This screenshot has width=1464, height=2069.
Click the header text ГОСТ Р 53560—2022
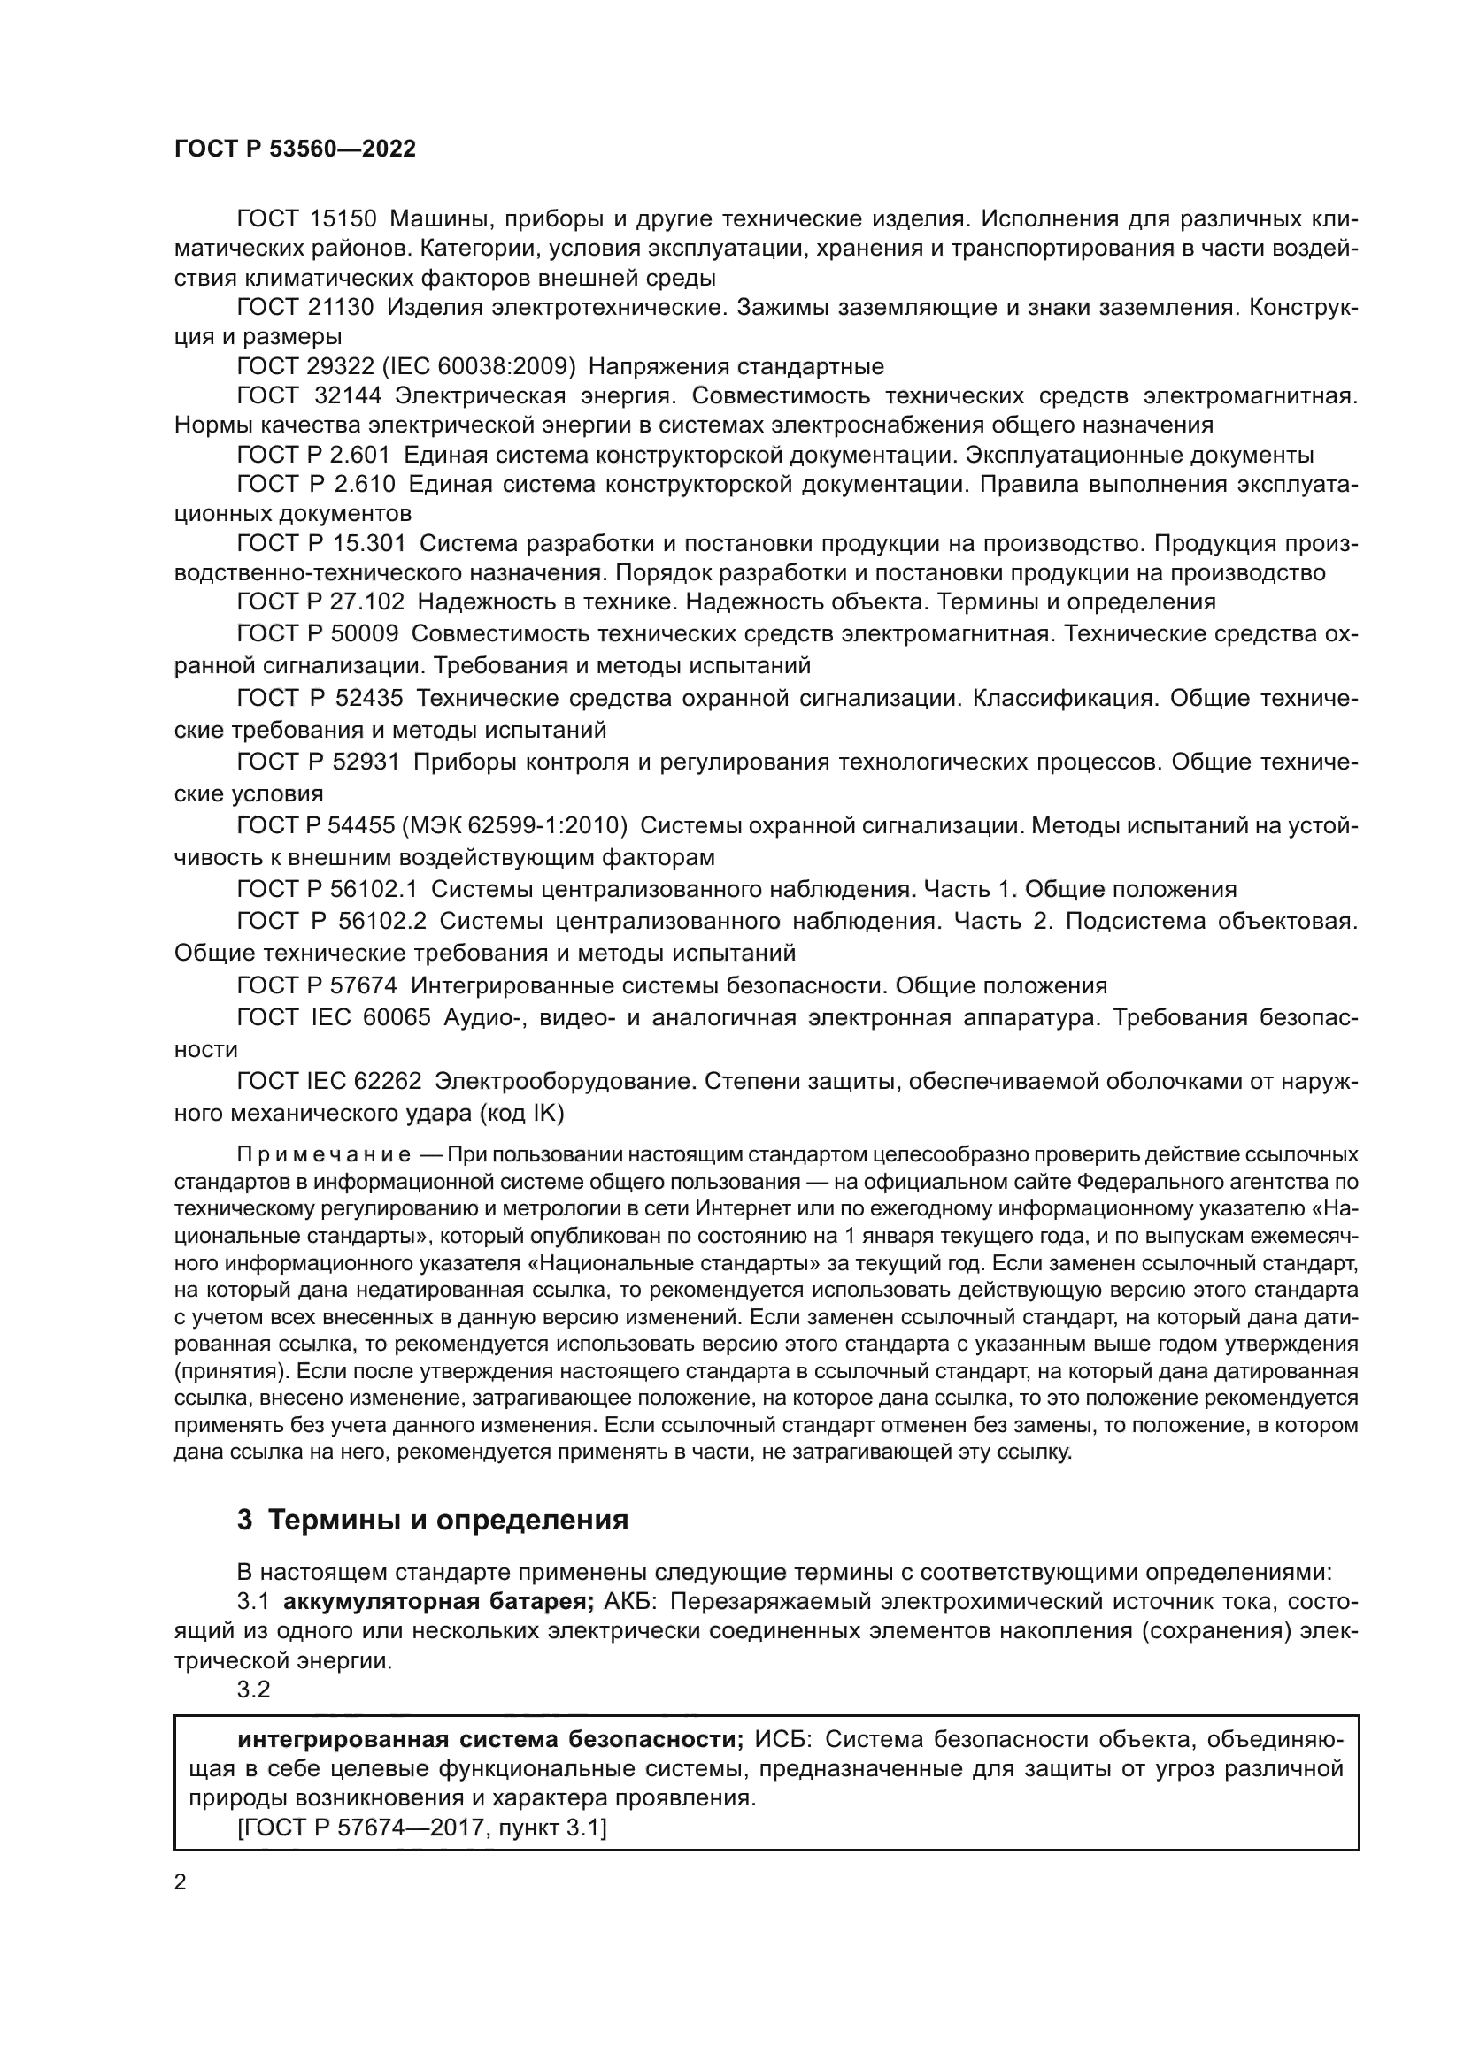(295, 149)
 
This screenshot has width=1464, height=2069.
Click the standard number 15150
(343, 219)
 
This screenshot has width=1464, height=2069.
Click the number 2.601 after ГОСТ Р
(361, 454)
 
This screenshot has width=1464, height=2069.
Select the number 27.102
(367, 601)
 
